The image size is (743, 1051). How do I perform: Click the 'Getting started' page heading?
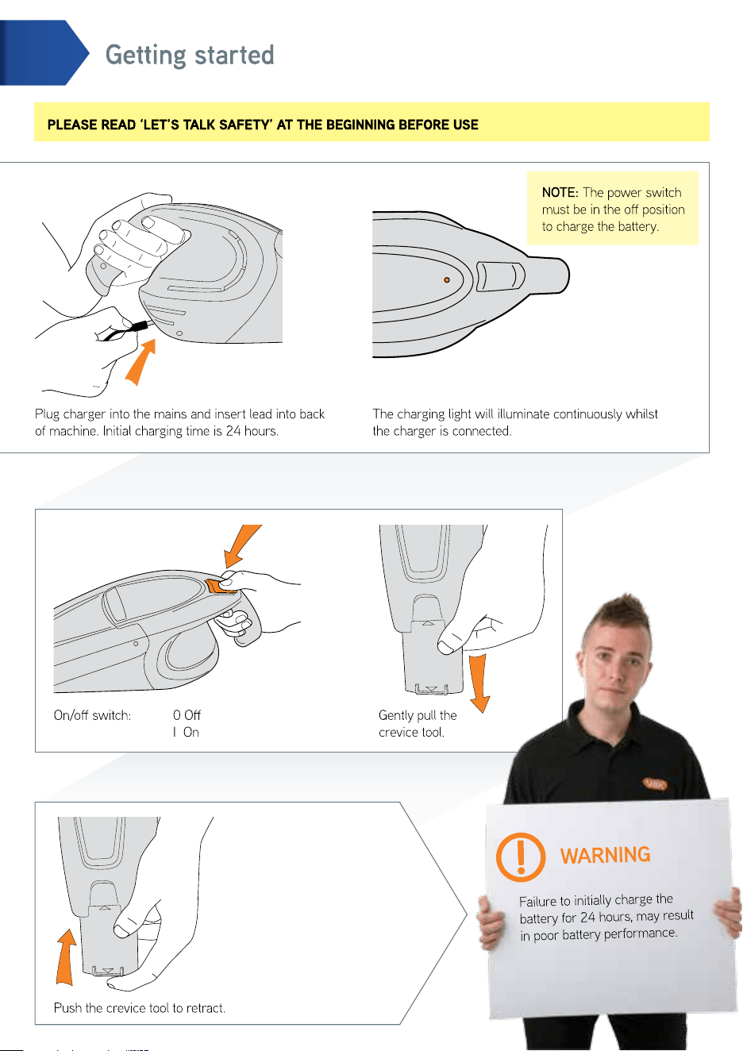[190, 56]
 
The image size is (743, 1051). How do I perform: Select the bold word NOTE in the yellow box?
[560, 192]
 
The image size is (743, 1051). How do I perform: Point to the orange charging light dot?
[447, 279]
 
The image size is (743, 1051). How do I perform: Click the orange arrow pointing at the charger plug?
[141, 362]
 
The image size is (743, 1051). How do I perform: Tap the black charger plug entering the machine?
[140, 325]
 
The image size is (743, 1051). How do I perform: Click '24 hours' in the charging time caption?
[252, 431]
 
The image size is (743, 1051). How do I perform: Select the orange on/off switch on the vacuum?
[221, 585]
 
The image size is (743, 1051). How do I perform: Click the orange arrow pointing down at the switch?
[242, 545]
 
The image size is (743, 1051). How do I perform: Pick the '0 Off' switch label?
[187, 715]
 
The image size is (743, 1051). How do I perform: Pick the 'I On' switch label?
[186, 732]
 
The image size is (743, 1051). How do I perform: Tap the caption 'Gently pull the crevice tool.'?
[418, 723]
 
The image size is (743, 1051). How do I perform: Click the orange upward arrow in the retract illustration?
[66, 957]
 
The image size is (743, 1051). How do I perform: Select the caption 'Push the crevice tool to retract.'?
[140, 1008]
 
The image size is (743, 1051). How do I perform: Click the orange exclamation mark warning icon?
[520, 857]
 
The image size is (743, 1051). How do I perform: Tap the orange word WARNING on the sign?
[605, 855]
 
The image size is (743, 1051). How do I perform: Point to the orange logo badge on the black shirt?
[655, 783]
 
